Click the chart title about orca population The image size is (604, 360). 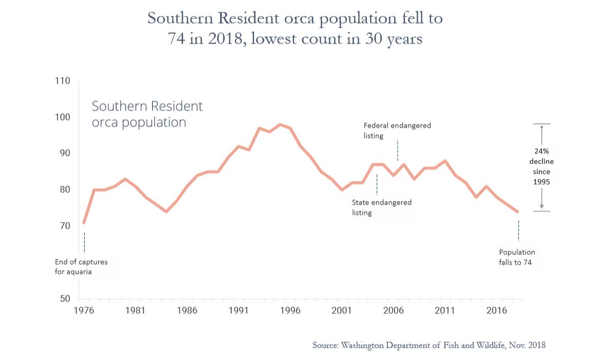tap(295, 28)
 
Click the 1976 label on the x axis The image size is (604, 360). tap(82, 310)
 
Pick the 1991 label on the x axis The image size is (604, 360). tap(239, 310)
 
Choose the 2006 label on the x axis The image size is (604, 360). tap(393, 310)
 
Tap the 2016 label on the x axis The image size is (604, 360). tap(496, 310)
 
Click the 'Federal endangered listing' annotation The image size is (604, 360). tap(397, 130)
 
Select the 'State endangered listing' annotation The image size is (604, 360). tap(381, 207)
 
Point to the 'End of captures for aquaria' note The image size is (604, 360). tap(81, 267)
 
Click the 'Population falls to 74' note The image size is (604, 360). tap(517, 257)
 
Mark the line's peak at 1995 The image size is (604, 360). tap(280, 124)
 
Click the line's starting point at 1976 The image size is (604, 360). tap(84, 223)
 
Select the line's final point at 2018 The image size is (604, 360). tap(518, 211)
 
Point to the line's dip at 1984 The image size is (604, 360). tap(166, 211)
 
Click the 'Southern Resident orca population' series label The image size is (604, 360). tap(147, 114)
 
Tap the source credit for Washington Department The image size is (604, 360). tap(429, 345)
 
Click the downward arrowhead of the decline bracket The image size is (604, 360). tap(542, 207)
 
